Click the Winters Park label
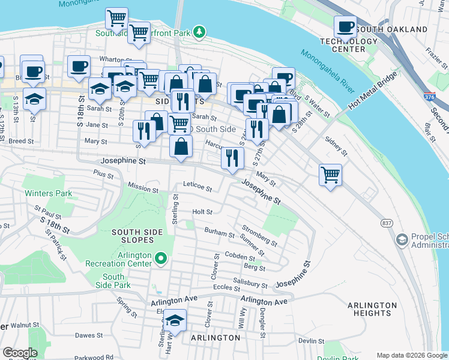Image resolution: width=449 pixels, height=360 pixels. coord(48,193)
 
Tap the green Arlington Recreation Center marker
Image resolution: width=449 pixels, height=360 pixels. coord(160,259)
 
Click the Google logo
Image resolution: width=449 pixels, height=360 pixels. coord(19,353)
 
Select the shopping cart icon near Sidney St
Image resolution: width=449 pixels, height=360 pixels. coord(330,175)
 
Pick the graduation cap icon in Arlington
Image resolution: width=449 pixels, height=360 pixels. coord(175,321)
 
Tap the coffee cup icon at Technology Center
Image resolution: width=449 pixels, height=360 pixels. coord(345,26)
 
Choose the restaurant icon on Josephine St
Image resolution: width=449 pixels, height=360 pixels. coord(232,158)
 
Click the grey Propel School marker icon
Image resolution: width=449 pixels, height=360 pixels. coord(402,240)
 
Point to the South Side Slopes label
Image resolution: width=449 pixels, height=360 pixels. coord(138,236)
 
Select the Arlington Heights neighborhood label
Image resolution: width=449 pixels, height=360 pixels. coord(372,309)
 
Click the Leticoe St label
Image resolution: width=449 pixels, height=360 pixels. coord(197,189)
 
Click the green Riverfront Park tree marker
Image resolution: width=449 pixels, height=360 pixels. coord(203,31)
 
